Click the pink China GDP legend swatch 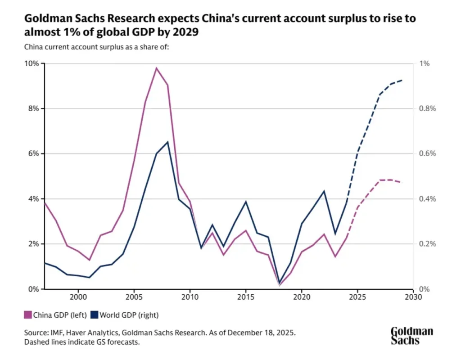pyautogui.click(x=27, y=315)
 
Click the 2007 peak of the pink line pyautogui.click(x=156, y=68)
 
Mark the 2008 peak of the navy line pyautogui.click(x=167, y=142)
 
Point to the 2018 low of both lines pyautogui.click(x=279, y=284)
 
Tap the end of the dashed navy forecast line pyautogui.click(x=402, y=80)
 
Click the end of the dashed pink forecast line pyautogui.click(x=402, y=182)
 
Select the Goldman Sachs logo pyautogui.click(x=411, y=336)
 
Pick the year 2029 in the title pyautogui.click(x=186, y=32)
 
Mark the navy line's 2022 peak pyautogui.click(x=324, y=191)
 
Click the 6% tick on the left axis pyautogui.click(x=34, y=153)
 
